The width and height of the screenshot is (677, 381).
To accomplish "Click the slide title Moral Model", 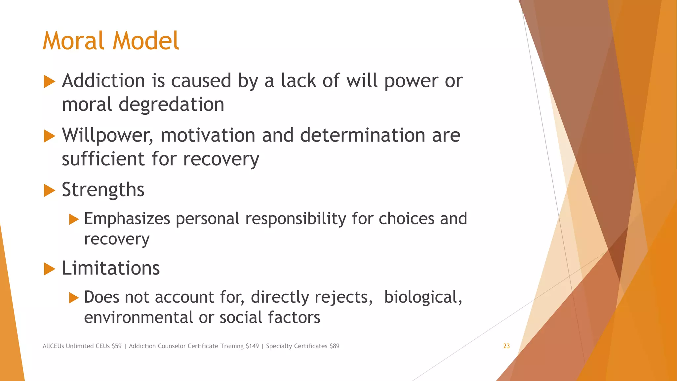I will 111,41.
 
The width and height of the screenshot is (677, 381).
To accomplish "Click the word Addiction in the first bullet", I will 103,81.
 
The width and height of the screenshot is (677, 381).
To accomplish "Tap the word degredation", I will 171,105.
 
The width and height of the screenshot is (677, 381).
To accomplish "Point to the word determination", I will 362,135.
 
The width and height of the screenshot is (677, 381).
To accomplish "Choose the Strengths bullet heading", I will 103,190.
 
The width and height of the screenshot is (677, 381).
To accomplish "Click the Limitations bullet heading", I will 111,268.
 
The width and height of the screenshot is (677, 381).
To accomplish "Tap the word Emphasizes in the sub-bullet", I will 127,219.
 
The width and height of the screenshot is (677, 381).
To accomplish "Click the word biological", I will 422,297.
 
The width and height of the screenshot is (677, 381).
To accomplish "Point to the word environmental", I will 139,317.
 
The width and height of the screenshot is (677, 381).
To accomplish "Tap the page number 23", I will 506,346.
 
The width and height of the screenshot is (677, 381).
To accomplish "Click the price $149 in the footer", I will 252,346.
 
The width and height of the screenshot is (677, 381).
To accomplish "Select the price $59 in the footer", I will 117,346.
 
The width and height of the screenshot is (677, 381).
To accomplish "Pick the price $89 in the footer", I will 334,346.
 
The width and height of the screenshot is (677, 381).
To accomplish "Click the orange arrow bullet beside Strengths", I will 49,190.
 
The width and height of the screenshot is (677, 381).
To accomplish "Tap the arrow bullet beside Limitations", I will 49,269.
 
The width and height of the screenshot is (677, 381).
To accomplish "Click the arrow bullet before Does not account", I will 74,298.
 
